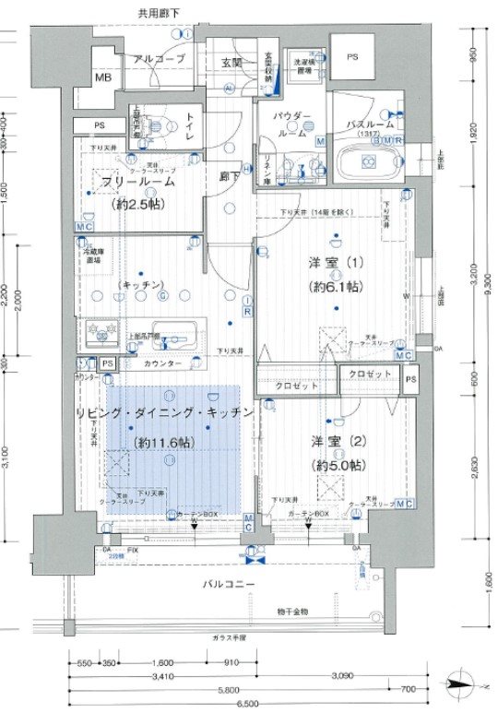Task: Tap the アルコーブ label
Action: (x=159, y=58)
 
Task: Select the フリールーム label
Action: (x=138, y=182)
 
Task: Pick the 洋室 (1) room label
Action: (x=336, y=264)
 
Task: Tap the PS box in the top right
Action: (x=351, y=56)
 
